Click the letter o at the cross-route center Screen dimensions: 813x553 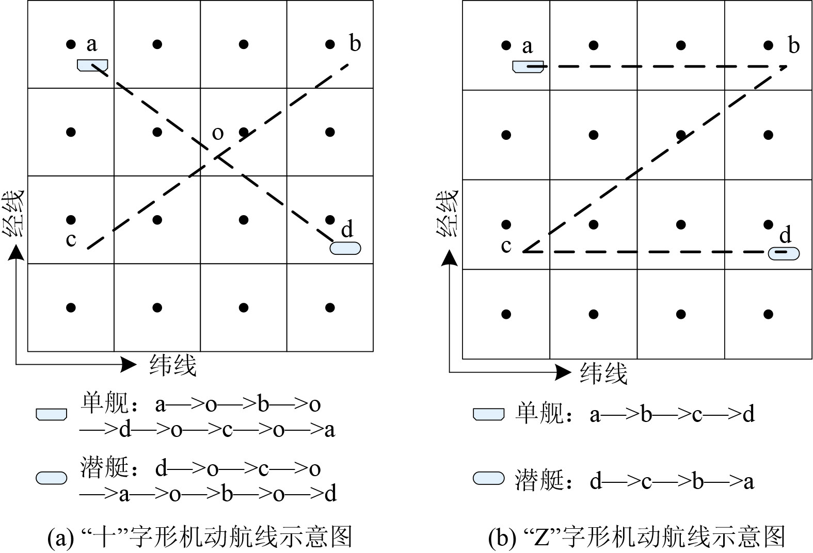tap(218, 134)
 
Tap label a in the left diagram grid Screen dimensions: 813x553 tap(92, 44)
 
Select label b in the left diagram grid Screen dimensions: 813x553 tap(355, 43)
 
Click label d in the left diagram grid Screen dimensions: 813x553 tap(347, 229)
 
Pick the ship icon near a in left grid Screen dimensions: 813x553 tap(92, 65)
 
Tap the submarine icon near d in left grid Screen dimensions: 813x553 tap(345, 248)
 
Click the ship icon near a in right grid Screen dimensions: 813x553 tap(528, 67)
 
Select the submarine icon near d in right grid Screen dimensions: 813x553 tap(784, 253)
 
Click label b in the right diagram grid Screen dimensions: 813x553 tap(794, 46)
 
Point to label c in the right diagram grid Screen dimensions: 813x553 tap(506, 246)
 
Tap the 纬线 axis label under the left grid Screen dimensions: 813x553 tap(173, 365)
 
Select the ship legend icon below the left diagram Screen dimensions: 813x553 tap(51, 414)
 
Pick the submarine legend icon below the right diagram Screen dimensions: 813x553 tap(488, 478)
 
